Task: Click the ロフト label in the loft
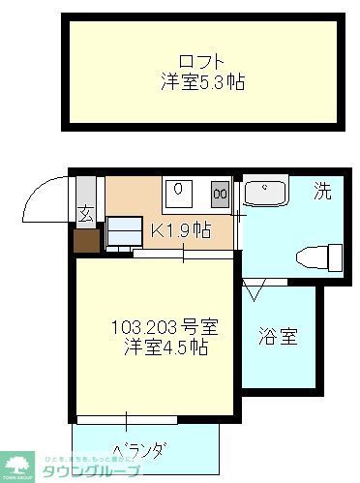pos(202,56)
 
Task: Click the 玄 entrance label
pos(86,215)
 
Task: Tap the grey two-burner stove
pos(220,194)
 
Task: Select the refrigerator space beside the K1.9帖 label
pos(124,232)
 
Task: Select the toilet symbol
pos(320,257)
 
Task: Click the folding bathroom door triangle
pos(256,288)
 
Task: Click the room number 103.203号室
pos(154,326)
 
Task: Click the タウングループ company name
pos(100,469)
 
